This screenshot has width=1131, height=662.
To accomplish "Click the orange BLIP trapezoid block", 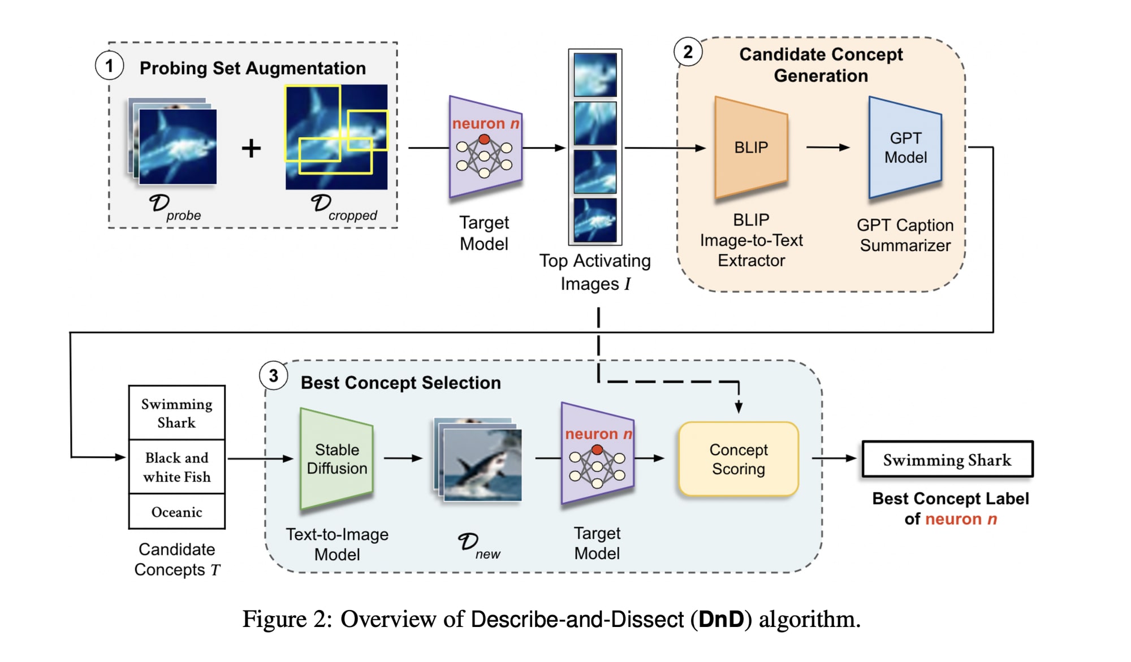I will click(751, 148).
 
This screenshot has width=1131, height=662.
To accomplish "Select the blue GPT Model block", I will click(905, 148).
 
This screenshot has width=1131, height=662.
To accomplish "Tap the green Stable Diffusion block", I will click(336, 458).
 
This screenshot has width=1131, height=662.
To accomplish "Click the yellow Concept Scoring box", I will click(739, 459).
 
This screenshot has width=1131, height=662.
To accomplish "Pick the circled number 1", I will click(109, 66).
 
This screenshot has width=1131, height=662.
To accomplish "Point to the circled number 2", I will click(688, 52).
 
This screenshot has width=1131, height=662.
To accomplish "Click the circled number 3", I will click(274, 376).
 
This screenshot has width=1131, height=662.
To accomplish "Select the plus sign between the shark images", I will click(251, 149).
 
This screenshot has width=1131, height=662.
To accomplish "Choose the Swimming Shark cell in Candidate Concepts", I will click(177, 413).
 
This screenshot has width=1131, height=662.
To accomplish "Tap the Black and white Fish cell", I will click(177, 467).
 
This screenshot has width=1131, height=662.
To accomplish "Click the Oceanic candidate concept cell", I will click(177, 512).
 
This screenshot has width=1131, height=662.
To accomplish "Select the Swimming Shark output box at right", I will click(947, 460).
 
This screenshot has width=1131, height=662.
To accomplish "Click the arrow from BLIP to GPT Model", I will click(828, 148).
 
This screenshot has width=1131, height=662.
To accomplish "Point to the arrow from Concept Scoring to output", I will click(834, 458).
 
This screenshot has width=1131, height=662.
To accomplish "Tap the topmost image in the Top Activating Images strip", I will click(595, 75).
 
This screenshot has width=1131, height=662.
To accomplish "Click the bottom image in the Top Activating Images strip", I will click(595, 220).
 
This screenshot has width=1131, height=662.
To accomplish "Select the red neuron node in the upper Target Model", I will click(484, 139).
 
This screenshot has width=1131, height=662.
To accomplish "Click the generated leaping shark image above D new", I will click(482, 465).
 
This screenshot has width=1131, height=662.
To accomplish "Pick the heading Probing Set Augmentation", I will click(253, 68).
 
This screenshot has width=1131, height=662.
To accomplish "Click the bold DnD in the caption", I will click(721, 620).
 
